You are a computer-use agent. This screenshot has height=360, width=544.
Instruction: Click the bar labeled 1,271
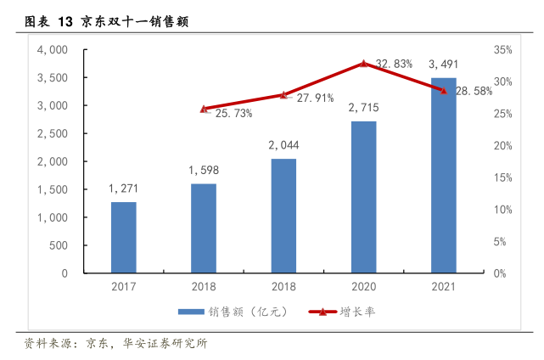click(x=123, y=238)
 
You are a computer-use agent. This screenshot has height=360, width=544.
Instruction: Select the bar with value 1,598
click(x=203, y=228)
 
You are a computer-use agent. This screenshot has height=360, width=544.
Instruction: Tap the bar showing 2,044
click(x=283, y=216)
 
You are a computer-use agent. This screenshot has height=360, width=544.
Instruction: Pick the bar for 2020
click(x=363, y=197)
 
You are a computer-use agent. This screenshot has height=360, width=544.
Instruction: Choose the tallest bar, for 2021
click(x=443, y=176)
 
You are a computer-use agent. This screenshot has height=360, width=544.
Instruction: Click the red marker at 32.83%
click(x=363, y=64)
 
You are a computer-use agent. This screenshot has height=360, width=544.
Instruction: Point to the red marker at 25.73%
click(x=204, y=109)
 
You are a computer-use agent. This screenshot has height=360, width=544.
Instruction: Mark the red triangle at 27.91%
click(x=283, y=95)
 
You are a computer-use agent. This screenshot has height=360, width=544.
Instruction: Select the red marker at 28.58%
click(x=443, y=91)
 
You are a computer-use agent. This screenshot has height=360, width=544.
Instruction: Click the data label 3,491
click(x=444, y=64)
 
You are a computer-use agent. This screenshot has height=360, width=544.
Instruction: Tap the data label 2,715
click(x=363, y=107)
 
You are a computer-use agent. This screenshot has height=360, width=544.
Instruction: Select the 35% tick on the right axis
click(x=502, y=50)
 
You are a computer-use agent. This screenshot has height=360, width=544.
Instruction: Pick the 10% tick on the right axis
click(x=502, y=210)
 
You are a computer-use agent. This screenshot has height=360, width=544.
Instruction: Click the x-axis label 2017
click(x=123, y=286)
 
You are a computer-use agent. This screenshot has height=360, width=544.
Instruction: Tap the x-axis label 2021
click(x=443, y=286)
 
